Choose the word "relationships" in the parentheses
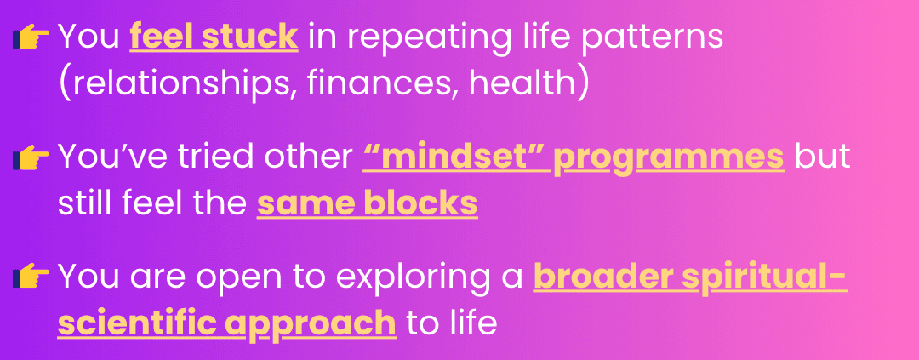184,84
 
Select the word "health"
522,83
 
